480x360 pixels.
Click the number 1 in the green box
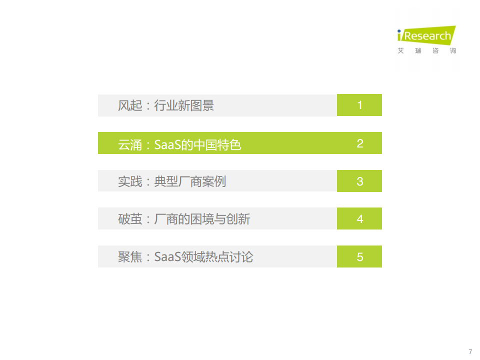[x=359, y=105]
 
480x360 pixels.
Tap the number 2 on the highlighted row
[x=360, y=143]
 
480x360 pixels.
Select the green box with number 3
[x=359, y=181]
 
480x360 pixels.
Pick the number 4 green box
[x=359, y=218]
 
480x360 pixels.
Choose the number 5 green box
[x=359, y=256]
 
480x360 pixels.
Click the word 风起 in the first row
[x=130, y=105]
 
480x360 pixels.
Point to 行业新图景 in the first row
[x=184, y=105]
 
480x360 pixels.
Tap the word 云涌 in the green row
[x=130, y=145]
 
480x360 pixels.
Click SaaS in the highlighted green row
[x=167, y=145]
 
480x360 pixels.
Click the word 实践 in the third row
[x=130, y=181]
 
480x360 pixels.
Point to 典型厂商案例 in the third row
[x=190, y=181]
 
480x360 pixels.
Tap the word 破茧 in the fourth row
[x=130, y=219]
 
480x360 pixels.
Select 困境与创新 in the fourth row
[x=220, y=219]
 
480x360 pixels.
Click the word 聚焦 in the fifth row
[x=130, y=257]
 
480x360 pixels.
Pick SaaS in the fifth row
[x=167, y=257]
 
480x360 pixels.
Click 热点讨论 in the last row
[x=229, y=257]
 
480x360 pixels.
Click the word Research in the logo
[x=427, y=36]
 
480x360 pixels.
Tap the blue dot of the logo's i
[x=399, y=31]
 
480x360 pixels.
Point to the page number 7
[x=470, y=351]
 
